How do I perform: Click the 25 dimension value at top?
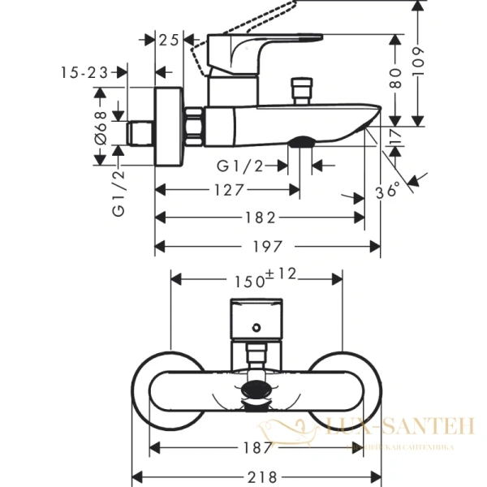(x=170, y=39)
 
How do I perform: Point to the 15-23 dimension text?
(x=84, y=72)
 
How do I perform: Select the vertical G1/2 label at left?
(x=119, y=192)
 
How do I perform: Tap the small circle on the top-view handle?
(x=256, y=329)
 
